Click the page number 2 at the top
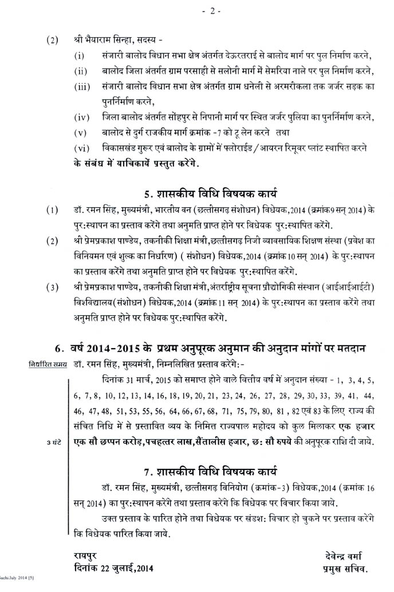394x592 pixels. [199, 11]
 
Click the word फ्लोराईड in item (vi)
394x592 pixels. [265, 148]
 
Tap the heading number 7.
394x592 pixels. [148, 472]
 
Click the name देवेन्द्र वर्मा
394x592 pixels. [342, 555]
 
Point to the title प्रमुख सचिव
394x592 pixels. [342, 569]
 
